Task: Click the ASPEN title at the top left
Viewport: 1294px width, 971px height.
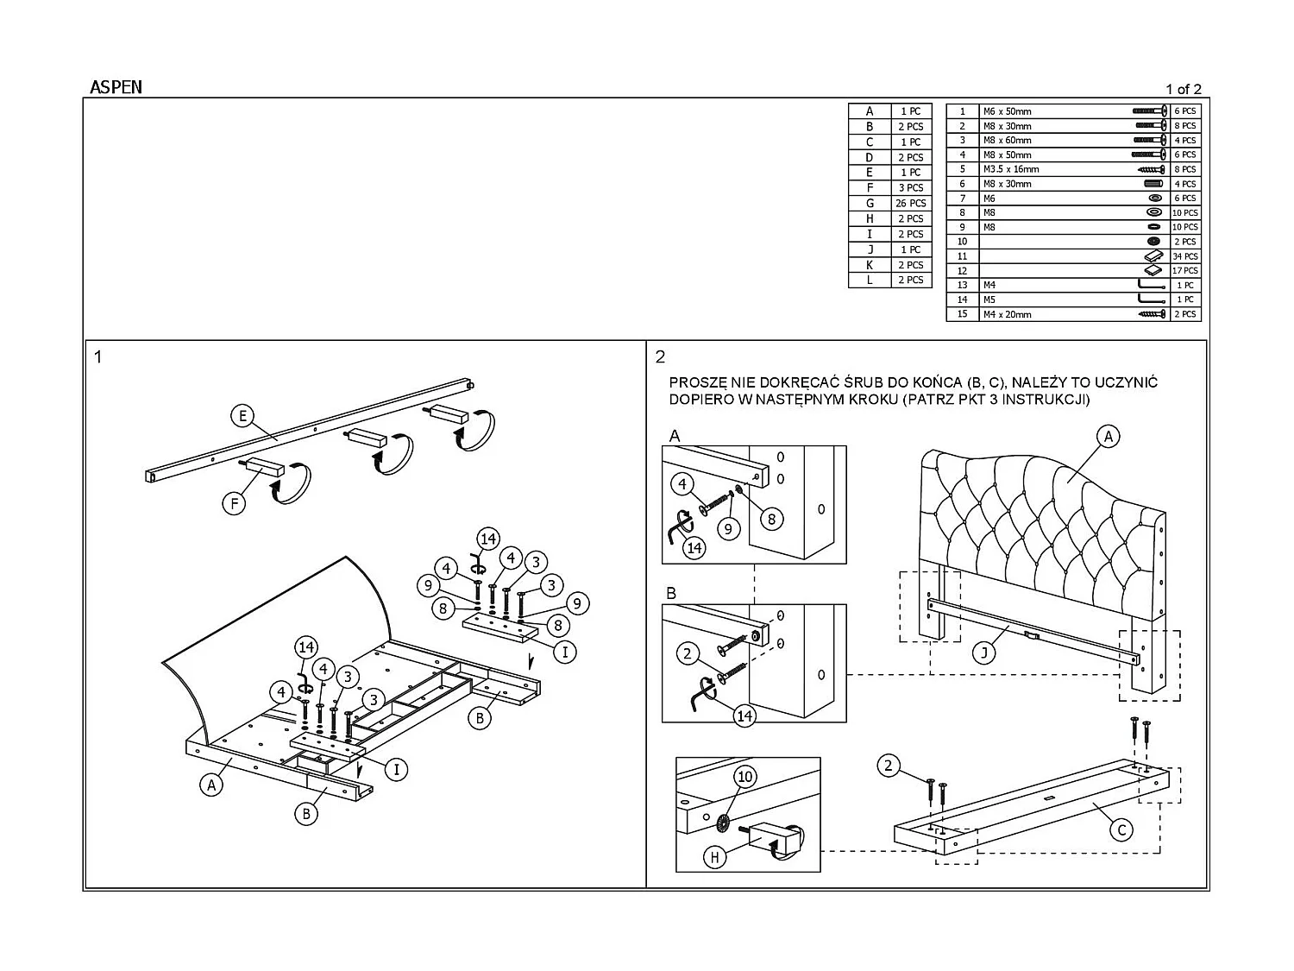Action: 116,87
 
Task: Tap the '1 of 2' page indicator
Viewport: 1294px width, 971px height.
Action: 1183,89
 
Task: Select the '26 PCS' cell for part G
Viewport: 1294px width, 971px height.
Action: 911,204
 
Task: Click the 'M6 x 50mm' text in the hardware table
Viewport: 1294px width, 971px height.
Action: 1007,111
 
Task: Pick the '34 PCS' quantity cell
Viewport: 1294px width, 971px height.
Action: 1184,256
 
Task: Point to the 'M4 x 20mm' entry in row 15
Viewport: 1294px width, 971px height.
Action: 1007,314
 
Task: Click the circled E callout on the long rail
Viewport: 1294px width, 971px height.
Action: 243,416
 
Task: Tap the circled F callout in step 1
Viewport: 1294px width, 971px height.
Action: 235,501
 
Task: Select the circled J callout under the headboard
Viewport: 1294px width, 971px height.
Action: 983,653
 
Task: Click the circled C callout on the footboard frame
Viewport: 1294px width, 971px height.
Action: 1121,830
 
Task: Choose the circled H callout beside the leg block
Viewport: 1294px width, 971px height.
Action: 715,857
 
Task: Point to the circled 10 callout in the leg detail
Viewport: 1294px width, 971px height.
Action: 744,777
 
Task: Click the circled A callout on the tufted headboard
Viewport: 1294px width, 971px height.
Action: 1109,437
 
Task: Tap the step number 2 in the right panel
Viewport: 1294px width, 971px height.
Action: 661,356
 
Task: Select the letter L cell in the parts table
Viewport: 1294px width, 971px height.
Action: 870,281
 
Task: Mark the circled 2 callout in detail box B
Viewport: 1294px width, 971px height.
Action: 688,653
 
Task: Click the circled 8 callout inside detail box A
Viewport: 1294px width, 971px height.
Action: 771,519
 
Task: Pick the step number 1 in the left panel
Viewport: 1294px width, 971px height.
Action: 98,356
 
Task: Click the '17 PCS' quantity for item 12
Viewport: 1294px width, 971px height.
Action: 1184,271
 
